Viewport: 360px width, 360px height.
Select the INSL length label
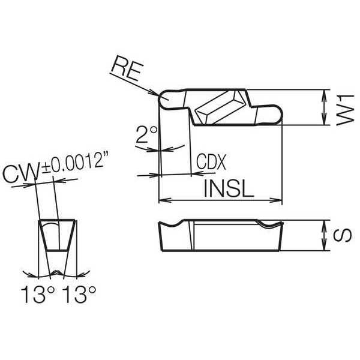[229, 189]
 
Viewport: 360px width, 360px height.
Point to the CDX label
[211, 161]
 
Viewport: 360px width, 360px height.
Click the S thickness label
[342, 235]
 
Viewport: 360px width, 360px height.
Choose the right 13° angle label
[79, 294]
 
